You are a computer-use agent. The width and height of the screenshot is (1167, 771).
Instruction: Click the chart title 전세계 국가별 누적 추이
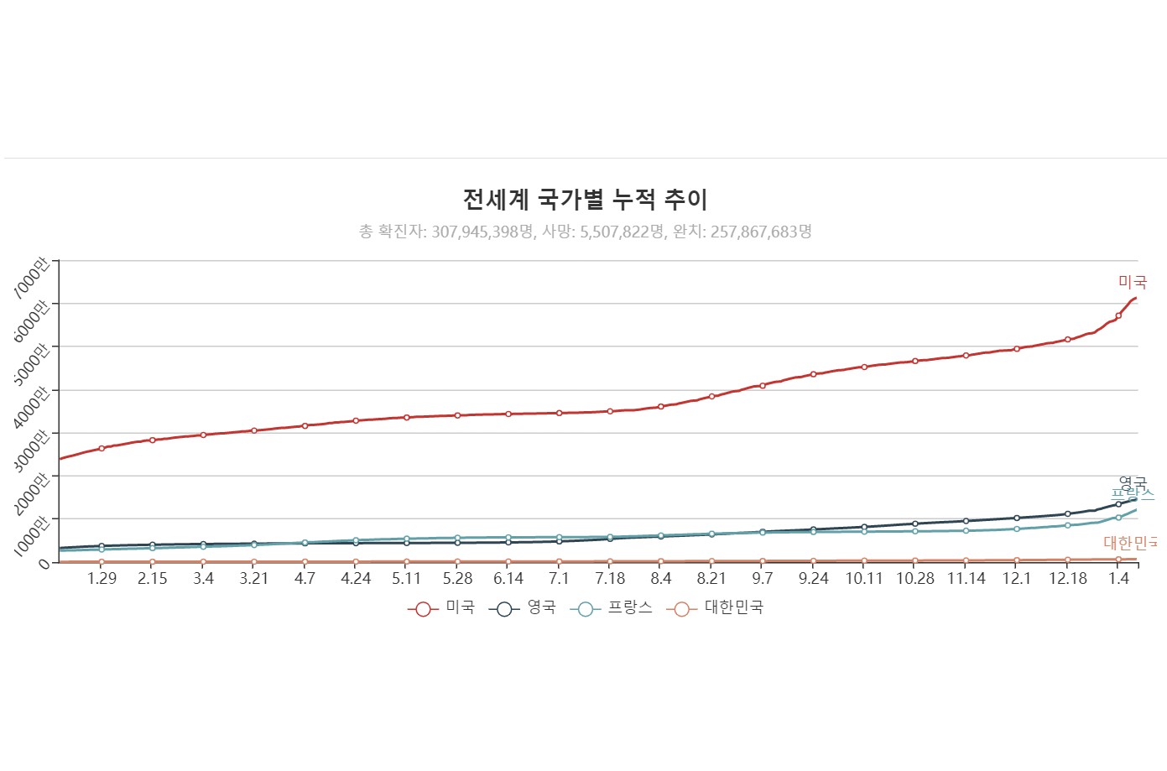[x=585, y=200]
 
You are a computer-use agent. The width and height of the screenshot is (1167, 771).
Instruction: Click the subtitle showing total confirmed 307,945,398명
[x=585, y=232]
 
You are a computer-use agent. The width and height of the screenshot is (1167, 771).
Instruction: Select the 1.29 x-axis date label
[x=102, y=579]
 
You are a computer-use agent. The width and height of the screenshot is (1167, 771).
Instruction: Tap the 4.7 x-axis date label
[x=305, y=579]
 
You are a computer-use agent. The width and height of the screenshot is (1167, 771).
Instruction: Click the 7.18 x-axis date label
[x=610, y=579]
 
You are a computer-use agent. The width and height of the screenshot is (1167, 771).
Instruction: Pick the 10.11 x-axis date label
[x=864, y=579]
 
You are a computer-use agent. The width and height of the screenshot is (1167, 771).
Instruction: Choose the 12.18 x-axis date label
[x=1067, y=579]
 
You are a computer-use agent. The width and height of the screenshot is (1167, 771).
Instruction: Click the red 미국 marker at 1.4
[x=1118, y=315]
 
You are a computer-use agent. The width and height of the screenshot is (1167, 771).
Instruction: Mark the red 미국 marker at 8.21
[x=711, y=396]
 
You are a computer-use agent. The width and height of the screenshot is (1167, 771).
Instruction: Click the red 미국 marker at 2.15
[x=153, y=440]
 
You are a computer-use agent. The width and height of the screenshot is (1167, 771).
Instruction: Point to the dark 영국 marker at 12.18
[x=1067, y=513]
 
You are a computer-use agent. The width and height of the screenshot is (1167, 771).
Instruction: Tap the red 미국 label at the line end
[x=1132, y=282]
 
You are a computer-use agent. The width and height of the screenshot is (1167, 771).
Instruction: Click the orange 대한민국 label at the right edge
[x=1130, y=543]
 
